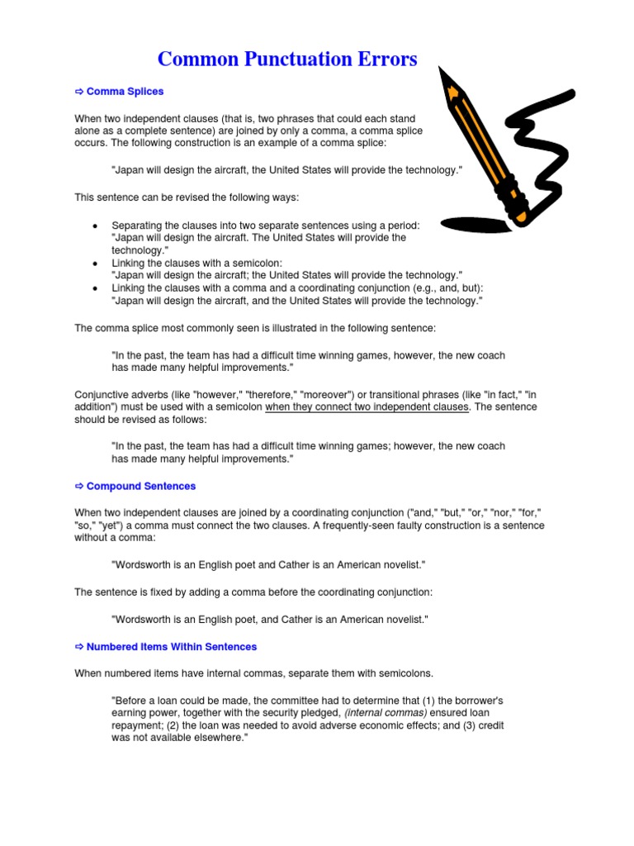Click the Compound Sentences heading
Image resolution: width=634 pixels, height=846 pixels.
[141, 486]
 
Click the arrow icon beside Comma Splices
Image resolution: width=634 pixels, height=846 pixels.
[79, 91]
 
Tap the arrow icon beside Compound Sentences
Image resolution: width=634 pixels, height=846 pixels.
[79, 486]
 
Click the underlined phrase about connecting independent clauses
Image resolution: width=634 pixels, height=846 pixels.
[367, 407]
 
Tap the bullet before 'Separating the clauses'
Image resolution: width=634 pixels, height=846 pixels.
[96, 226]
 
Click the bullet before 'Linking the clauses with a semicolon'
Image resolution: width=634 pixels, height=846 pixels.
[96, 263]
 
